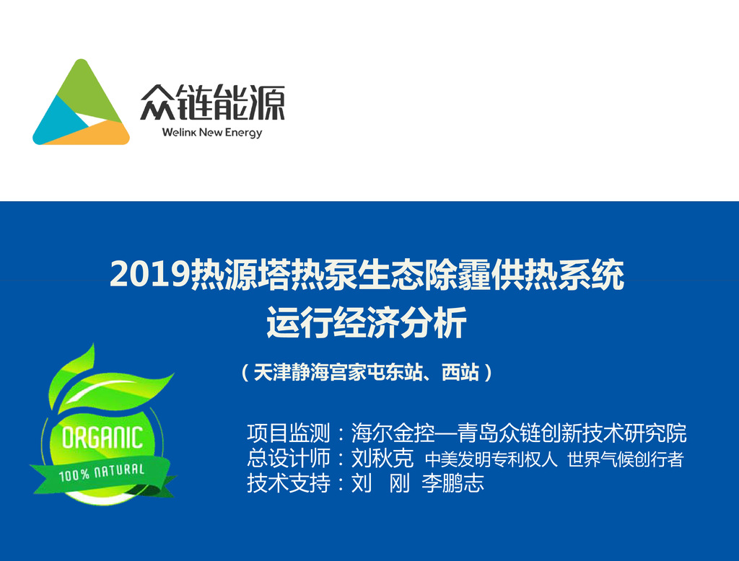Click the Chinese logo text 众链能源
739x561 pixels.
(213, 102)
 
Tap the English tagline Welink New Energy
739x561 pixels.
(212, 133)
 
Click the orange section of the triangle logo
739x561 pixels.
(95, 133)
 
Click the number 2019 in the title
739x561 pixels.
(150, 274)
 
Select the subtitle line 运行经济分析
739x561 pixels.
(367, 322)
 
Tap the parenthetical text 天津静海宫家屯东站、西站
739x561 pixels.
(366, 372)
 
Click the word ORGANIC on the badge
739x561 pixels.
(102, 438)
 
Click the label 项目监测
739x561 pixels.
(289, 433)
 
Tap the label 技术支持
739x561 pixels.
(289, 483)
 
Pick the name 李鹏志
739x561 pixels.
(453, 483)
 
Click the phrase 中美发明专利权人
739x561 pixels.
(491, 459)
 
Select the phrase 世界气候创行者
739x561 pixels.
(626, 459)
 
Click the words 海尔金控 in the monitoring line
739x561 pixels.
(393, 433)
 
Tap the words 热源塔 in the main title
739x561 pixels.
(240, 274)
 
